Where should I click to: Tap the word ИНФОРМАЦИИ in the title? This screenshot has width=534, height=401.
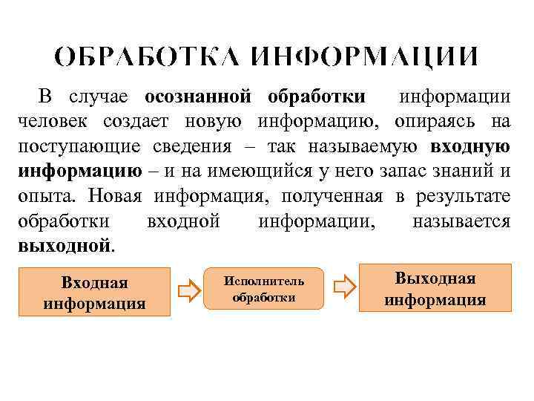pos(364,57)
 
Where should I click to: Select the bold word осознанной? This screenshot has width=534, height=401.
pos(196,97)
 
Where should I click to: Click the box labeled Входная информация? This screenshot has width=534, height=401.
pos(94,293)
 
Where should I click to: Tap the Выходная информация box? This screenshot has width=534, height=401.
pos(435,288)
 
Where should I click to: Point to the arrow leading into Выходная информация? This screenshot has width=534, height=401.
pos(343,287)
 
